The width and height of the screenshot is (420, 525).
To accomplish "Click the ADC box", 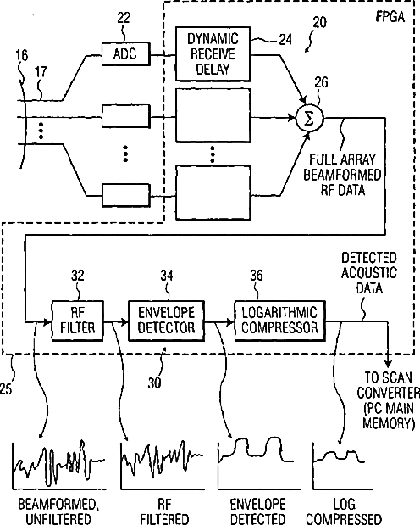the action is pyautogui.click(x=125, y=53).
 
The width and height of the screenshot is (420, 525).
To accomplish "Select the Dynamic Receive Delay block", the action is pyautogui.click(x=213, y=54).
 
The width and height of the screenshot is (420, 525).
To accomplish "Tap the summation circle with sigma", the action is pyautogui.click(x=310, y=119).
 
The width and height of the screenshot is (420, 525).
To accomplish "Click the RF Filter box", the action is pyautogui.click(x=77, y=321).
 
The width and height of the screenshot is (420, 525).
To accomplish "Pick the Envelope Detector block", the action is pyautogui.click(x=166, y=321).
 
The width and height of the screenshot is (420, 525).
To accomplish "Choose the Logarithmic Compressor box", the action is pyautogui.click(x=279, y=321).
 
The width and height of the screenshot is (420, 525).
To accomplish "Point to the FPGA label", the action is pyautogui.click(x=390, y=17).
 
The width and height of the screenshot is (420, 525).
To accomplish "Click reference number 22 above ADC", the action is pyautogui.click(x=124, y=18).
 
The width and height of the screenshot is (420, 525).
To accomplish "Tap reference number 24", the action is pyautogui.click(x=285, y=40).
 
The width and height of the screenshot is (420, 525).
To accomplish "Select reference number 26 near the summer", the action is pyautogui.click(x=321, y=82).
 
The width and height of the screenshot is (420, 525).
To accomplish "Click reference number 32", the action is pyautogui.click(x=78, y=276).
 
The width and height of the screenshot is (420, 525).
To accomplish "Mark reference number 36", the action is pyautogui.click(x=257, y=276).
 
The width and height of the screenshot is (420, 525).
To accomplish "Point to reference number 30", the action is pyautogui.click(x=154, y=383).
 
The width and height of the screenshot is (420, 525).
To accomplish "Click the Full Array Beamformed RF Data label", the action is pyautogui.click(x=342, y=175).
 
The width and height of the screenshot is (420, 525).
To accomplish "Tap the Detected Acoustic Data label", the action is pyautogui.click(x=369, y=273).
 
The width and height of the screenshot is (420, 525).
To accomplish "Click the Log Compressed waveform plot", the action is pyautogui.click(x=338, y=466).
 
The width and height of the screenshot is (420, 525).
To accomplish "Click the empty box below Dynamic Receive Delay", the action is pyautogui.click(x=213, y=114).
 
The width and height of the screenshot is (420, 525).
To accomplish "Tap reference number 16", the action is pyautogui.click(x=22, y=55).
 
